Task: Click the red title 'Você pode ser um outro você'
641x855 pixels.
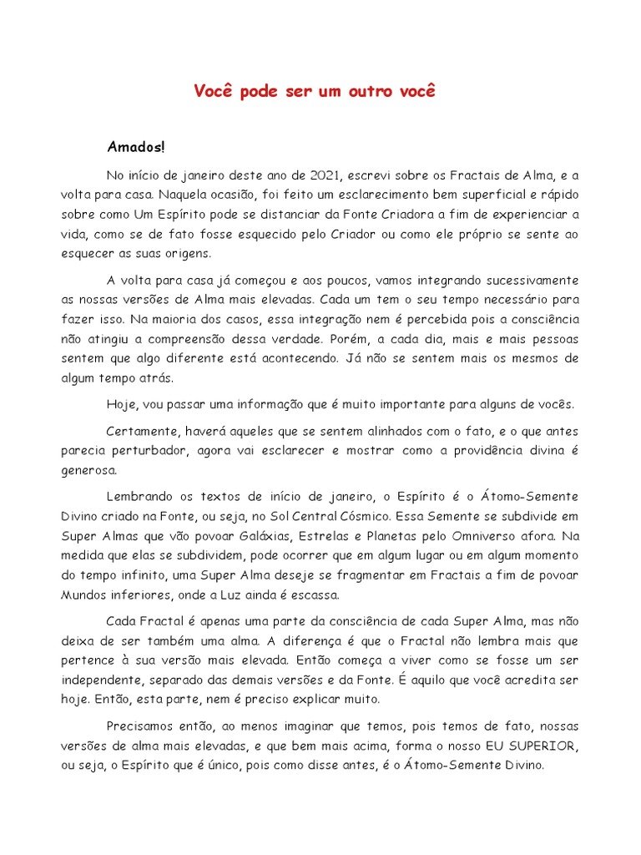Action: click(315, 91)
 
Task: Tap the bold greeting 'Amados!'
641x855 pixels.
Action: click(136, 147)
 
